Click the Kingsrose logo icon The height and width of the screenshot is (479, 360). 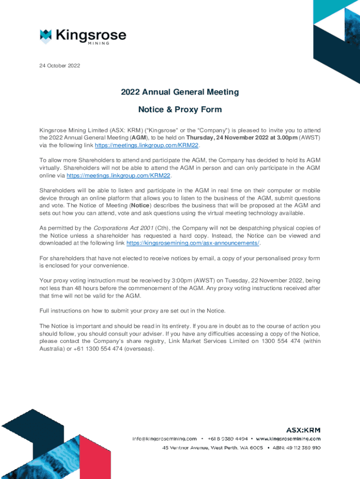(x=45, y=36)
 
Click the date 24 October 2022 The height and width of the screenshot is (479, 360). (x=60, y=65)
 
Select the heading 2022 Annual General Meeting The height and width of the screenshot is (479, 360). (x=180, y=92)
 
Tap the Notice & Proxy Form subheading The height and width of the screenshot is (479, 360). (x=180, y=110)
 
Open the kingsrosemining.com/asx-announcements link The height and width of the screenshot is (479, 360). (x=193, y=243)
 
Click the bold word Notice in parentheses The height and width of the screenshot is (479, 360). (x=141, y=205)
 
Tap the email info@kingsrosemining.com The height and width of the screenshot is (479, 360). (x=164, y=439)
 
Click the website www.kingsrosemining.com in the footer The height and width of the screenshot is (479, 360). (x=288, y=439)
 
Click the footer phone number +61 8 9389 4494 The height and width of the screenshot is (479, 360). (x=228, y=439)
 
